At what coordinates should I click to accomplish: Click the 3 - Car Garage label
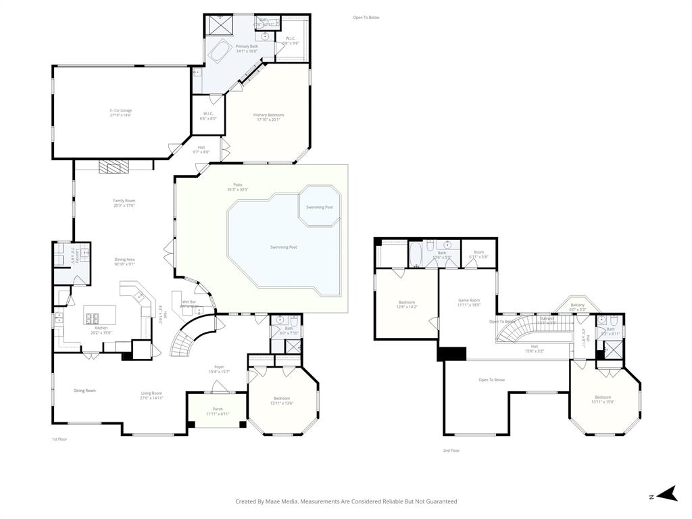[120, 110]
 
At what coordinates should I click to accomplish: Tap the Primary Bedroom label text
[268, 116]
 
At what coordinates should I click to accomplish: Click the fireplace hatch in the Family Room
[108, 166]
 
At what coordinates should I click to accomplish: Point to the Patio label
[237, 184]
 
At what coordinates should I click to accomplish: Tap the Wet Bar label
[189, 302]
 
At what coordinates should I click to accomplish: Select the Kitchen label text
[101, 328]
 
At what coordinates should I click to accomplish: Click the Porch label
[218, 409]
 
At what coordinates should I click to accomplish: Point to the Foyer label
[220, 367]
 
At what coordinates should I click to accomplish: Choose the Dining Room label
[84, 391]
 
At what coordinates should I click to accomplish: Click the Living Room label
[151, 393]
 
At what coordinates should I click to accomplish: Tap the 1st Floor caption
[59, 439]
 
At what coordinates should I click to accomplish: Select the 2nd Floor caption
[451, 450]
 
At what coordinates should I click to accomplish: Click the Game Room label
[469, 300]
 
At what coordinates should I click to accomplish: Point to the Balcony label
[577, 305]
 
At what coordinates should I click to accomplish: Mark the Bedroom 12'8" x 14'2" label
[407, 303]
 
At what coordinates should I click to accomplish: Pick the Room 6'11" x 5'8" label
[478, 252]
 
